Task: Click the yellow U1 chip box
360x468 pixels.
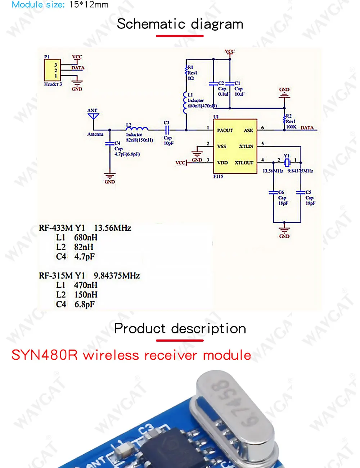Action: click(x=235, y=146)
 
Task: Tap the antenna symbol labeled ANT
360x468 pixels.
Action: click(x=93, y=116)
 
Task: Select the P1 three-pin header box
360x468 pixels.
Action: click(x=52, y=70)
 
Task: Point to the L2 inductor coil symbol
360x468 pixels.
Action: click(x=137, y=129)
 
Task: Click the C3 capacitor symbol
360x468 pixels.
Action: click(x=167, y=130)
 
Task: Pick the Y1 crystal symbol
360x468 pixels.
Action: click(x=287, y=163)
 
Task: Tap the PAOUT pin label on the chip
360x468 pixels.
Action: click(x=225, y=130)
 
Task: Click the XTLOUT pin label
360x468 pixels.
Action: click(x=244, y=163)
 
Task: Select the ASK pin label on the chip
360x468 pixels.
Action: click(x=248, y=130)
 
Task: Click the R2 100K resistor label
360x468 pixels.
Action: click(x=291, y=122)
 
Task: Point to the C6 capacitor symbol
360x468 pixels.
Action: click(x=274, y=193)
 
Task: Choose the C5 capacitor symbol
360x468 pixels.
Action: click(x=301, y=193)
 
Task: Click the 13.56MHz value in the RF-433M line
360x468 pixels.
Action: click(x=113, y=228)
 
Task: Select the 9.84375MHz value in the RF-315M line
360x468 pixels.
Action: click(x=117, y=276)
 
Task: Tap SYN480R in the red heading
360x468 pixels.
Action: click(x=44, y=355)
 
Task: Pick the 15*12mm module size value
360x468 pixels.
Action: click(x=89, y=5)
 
